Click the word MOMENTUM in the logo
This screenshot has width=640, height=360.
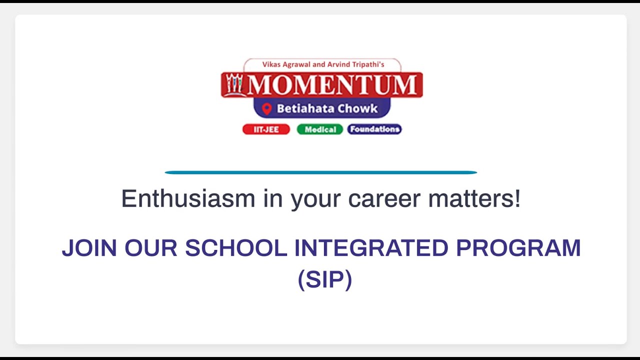click(x=331, y=85)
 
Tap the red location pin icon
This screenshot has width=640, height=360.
click(x=266, y=108)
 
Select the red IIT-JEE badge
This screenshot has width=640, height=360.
click(x=266, y=129)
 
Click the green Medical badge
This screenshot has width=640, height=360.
click(x=320, y=129)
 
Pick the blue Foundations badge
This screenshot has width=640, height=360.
click(x=374, y=129)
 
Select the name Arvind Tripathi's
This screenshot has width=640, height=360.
click(x=355, y=64)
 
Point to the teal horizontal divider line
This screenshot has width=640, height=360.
click(x=320, y=172)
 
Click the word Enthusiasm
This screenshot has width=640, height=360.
click(x=188, y=198)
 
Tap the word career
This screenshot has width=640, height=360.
click(x=384, y=198)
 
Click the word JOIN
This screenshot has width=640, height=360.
click(x=89, y=248)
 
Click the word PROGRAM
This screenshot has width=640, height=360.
click(x=518, y=248)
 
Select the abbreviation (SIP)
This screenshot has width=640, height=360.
click(x=325, y=279)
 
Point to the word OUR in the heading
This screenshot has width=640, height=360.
click(x=151, y=248)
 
